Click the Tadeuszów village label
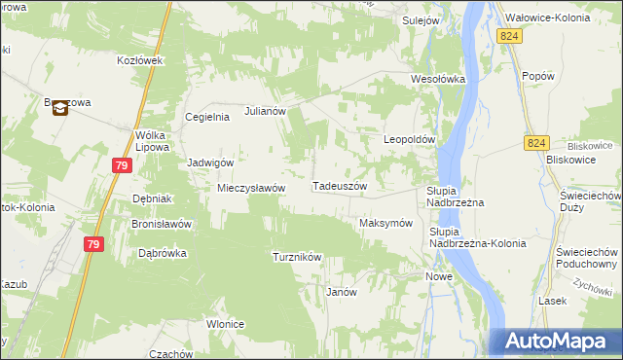click(x=339, y=186)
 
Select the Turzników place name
click(x=297, y=257)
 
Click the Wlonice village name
click(x=224, y=324)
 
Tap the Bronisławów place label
click(x=161, y=223)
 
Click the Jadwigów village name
click(x=210, y=162)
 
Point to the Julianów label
click(x=265, y=111)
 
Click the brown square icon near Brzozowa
click(x=59, y=108)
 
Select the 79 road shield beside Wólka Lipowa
click(x=121, y=166)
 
